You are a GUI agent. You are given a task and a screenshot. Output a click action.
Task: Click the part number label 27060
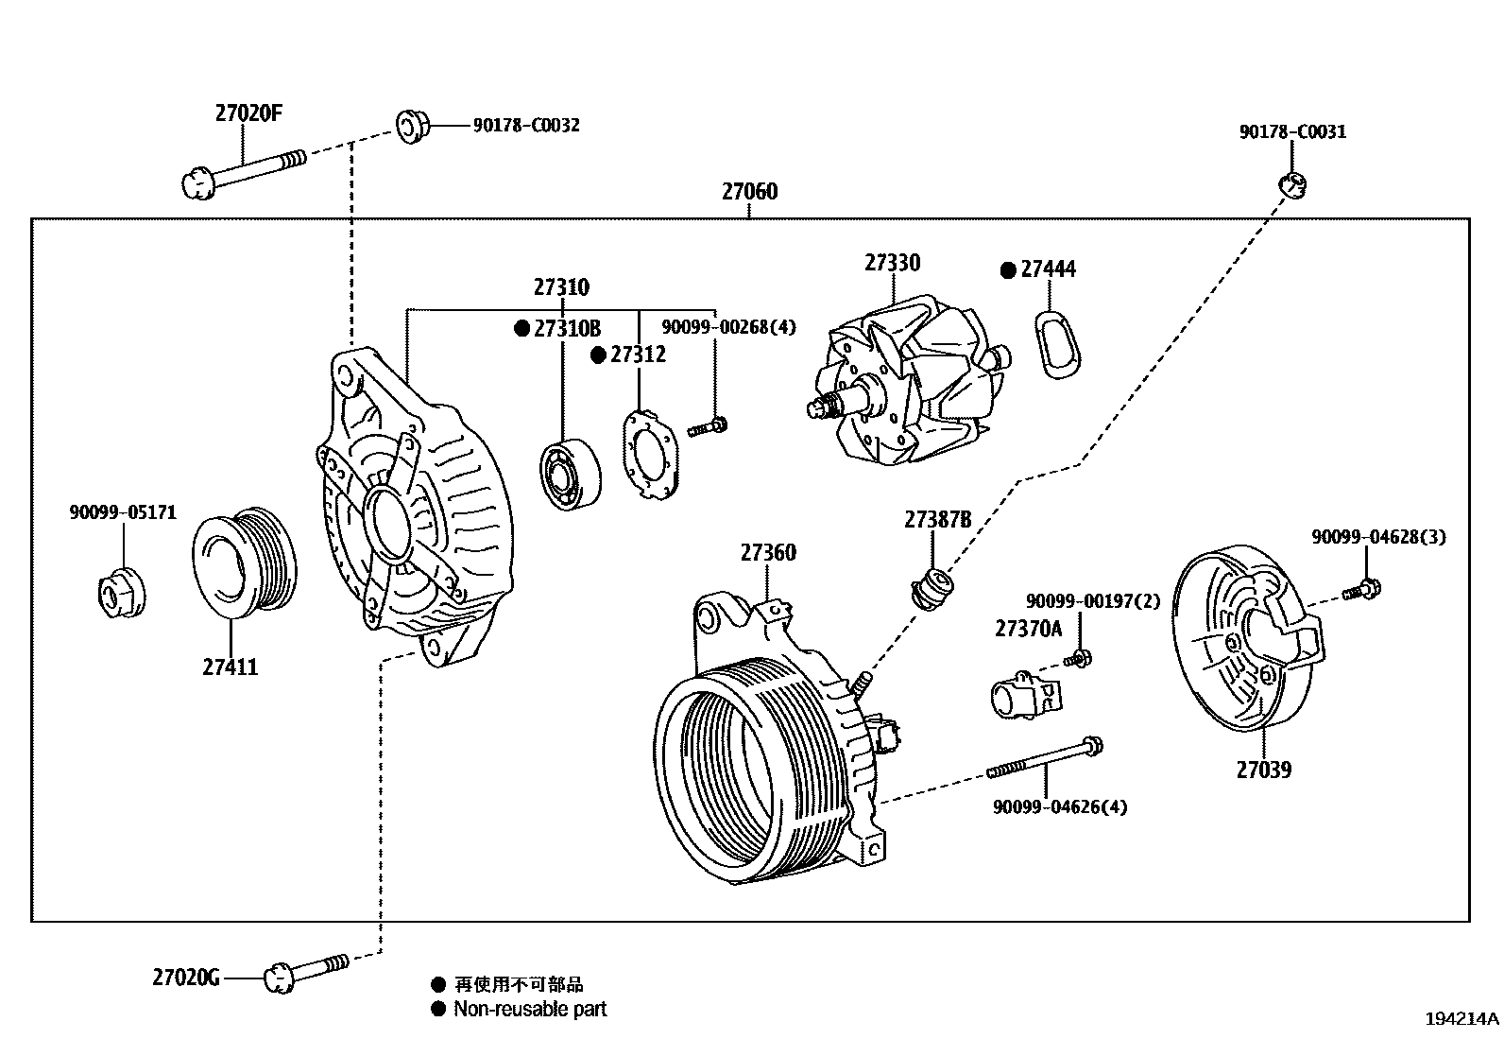[x=749, y=192]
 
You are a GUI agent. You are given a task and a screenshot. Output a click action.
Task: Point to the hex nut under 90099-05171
[x=122, y=594]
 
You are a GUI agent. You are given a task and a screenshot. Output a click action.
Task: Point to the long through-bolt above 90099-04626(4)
[x=1045, y=758]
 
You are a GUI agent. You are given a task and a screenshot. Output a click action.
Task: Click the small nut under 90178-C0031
[x=1293, y=184]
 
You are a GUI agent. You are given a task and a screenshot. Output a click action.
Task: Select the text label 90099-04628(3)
[x=1377, y=537]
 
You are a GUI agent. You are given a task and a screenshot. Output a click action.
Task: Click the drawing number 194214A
[x=1461, y=1019]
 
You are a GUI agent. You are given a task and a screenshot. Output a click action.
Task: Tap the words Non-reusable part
[x=530, y=1009]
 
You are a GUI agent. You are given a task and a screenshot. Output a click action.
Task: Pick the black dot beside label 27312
[x=598, y=355]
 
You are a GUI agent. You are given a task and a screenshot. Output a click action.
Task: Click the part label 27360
[x=767, y=552]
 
